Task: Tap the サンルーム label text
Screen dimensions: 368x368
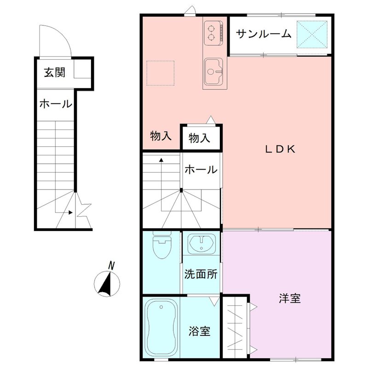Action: (x=264, y=34)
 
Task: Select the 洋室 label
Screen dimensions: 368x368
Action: (x=290, y=298)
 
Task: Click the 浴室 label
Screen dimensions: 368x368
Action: (x=200, y=331)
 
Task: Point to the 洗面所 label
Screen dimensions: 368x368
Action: (x=201, y=274)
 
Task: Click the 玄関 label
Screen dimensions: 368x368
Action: (x=54, y=72)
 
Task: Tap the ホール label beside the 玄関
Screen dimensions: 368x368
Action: (x=55, y=104)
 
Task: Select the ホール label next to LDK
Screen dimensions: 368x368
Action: (x=201, y=170)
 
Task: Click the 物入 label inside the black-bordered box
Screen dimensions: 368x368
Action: (x=199, y=138)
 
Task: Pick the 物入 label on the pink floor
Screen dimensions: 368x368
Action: (x=161, y=136)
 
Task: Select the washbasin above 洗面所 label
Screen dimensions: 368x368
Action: (x=201, y=244)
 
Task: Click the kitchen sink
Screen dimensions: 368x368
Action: (x=213, y=72)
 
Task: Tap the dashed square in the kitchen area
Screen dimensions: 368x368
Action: (x=161, y=73)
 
